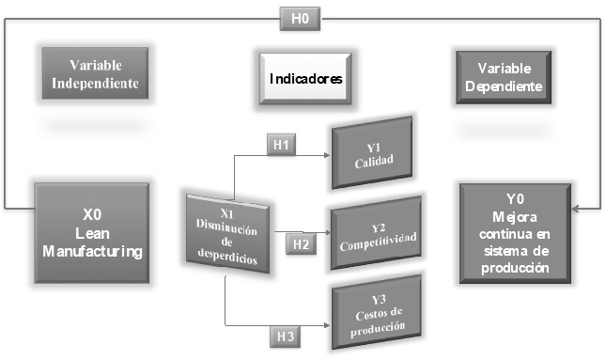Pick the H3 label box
pos(286,334)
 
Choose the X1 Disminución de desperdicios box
pos(225,231)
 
